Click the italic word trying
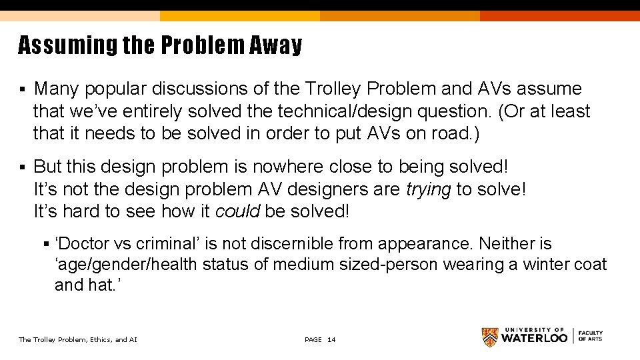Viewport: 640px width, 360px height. click(428, 189)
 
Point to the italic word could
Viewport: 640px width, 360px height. click(238, 211)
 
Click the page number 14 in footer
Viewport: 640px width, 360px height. click(331, 340)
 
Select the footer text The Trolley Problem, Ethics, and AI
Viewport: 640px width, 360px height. click(77, 340)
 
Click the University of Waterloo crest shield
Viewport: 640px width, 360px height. click(490, 337)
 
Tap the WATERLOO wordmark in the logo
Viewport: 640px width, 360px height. click(534, 338)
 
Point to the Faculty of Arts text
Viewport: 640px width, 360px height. click(591, 336)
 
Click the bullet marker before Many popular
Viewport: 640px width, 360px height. click(23, 89)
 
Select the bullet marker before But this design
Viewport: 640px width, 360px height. click(23, 167)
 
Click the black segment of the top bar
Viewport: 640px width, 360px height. click(560, 5)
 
